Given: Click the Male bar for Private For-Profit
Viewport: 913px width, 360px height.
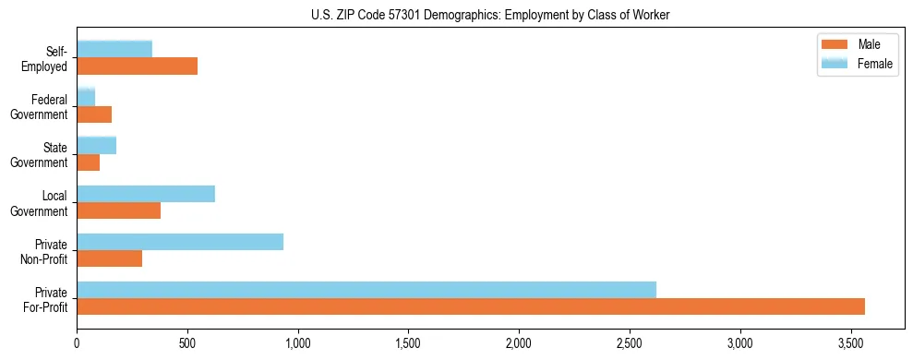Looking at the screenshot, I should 471,306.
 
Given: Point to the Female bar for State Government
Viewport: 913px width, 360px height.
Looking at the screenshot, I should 96,145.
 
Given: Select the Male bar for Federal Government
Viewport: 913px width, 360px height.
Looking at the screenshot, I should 94,114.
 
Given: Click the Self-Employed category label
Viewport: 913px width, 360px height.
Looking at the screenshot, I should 50,58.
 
